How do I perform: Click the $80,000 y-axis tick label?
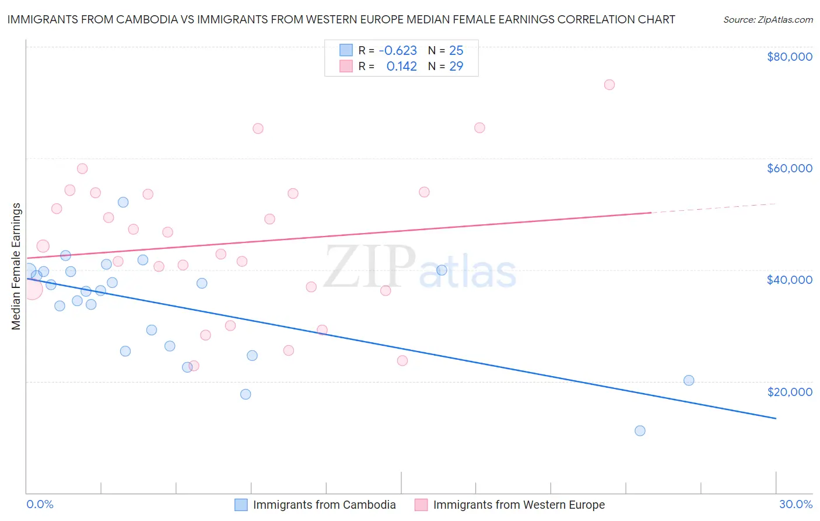pos(789,57)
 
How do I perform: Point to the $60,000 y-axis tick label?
pos(789,168)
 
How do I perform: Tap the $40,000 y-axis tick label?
pos(789,280)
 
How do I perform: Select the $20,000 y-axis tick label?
pos(789,392)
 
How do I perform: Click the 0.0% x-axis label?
pos(40,504)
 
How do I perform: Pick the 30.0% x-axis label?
pos(796,504)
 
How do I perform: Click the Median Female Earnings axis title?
pos(16,266)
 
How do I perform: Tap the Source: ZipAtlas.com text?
pos(768,20)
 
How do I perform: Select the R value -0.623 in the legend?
pos(398,50)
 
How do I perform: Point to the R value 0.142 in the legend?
pos(401,67)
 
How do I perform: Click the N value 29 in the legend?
pos(456,67)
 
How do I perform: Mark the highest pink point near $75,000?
pos(609,85)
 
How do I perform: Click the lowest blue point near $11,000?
pos(640,431)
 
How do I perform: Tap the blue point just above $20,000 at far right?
pos(689,381)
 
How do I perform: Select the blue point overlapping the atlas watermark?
pos(441,270)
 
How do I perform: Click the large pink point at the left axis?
pos(31,289)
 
